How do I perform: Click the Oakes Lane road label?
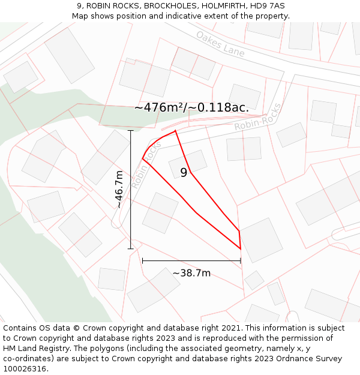tap(220, 44)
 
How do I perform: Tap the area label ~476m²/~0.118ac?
tap(191, 107)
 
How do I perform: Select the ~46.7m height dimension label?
tap(119, 189)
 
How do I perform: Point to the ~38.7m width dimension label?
tap(191, 273)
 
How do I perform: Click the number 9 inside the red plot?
tap(184, 173)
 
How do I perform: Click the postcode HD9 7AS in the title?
tap(267, 6)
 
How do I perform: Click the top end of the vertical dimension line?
tap(131, 130)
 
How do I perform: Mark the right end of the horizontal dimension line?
tap(241, 260)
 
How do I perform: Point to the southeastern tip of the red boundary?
tap(241, 248)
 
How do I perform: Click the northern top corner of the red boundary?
tap(175, 130)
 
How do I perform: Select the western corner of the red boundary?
tap(143, 159)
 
